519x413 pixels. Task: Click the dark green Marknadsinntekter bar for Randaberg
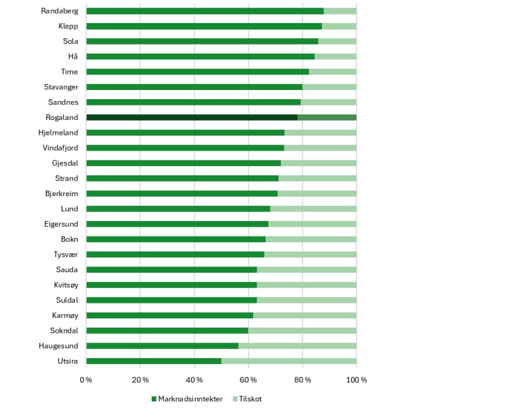coord(205,11)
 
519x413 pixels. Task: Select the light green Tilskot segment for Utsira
coord(289,361)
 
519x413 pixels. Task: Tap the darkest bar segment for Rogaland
coord(192,118)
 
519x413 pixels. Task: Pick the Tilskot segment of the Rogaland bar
coord(327,118)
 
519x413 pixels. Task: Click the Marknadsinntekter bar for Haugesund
coord(162,346)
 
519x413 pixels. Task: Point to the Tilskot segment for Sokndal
coord(302,331)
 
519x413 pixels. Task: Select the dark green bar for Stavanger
coord(194,87)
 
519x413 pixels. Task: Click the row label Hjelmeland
coord(58,133)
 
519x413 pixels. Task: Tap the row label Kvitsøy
coord(66,285)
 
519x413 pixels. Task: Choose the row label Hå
coord(73,57)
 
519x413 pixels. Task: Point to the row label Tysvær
coord(66,255)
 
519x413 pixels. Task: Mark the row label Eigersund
coord(61,224)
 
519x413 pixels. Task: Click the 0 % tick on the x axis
coord(86,380)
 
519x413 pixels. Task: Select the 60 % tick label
coord(248,380)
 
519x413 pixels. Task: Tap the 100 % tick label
coord(356,380)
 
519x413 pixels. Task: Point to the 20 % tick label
coord(140,380)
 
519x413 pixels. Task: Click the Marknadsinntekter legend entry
coord(187,399)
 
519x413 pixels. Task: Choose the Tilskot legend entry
coord(247,399)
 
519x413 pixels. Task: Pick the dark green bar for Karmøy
coord(170,316)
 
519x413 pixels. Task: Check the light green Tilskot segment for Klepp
coord(339,26)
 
